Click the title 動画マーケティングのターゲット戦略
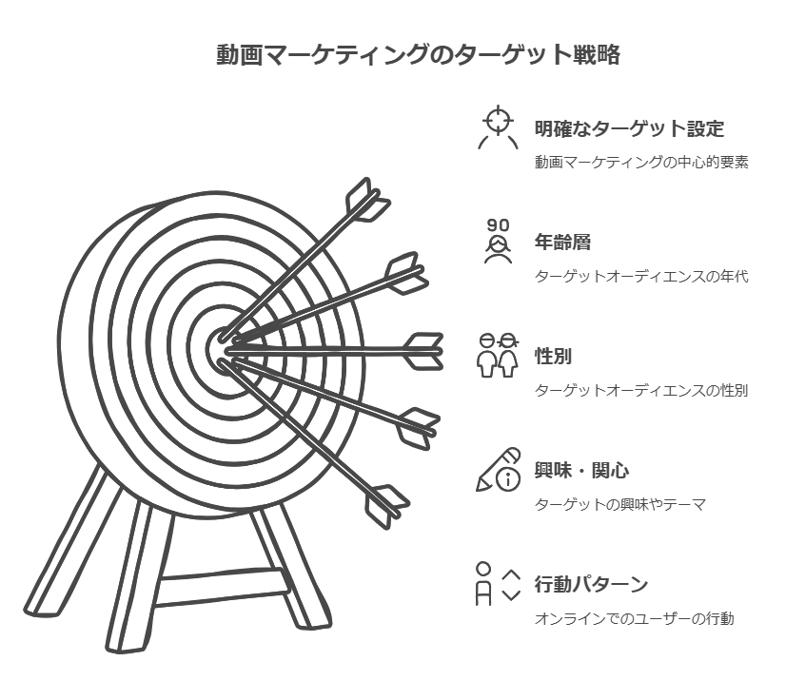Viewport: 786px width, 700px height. tap(419, 54)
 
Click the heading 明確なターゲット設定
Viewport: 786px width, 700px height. tap(629, 128)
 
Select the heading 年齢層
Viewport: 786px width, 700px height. tap(562, 242)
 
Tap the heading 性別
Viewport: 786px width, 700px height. tap(553, 357)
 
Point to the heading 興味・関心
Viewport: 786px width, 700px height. tap(581, 470)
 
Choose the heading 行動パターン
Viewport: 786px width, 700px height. tap(591, 584)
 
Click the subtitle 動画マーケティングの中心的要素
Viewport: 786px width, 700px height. tap(641, 163)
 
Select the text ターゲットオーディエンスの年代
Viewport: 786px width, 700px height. tap(641, 276)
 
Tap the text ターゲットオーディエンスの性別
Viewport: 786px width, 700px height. tap(641, 390)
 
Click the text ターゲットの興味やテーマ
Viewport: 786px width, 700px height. tap(620, 504)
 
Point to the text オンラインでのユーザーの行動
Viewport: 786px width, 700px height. tap(634, 618)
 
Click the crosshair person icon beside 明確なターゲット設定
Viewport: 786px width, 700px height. tap(498, 127)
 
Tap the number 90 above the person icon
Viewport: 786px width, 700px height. tap(498, 225)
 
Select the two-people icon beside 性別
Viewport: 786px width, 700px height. tap(498, 356)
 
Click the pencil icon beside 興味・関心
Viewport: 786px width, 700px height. tap(498, 470)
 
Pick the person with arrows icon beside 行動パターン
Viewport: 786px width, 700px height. tap(498, 584)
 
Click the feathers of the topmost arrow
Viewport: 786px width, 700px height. tap(368, 200)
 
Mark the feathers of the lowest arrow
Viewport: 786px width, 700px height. tap(387, 506)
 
